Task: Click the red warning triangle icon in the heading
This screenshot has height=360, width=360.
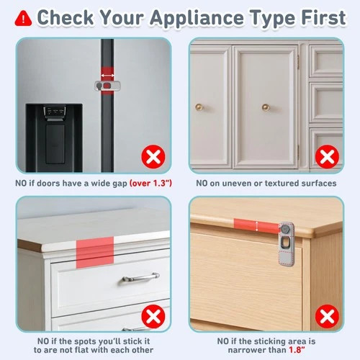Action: [23, 18]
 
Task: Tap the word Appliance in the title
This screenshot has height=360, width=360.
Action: [197, 19]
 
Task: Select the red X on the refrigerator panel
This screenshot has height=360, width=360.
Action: [153, 157]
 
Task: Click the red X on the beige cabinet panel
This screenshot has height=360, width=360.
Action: [327, 156]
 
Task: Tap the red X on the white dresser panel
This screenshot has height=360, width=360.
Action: [153, 316]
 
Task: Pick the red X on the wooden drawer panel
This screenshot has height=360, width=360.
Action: [327, 316]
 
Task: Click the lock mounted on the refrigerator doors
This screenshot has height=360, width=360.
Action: [107, 86]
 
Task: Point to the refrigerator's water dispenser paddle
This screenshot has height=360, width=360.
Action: [55, 144]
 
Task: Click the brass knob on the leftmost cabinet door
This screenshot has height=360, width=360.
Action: [199, 107]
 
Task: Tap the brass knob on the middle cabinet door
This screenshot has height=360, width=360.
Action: [266, 107]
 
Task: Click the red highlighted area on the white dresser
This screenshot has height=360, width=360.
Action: [95, 253]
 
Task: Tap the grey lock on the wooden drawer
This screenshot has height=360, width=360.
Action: [287, 244]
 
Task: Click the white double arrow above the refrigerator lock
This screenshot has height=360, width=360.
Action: [107, 76]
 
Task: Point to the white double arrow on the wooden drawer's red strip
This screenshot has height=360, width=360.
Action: [257, 226]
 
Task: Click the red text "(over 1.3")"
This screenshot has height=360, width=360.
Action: [150, 184]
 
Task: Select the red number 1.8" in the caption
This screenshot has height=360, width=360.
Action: [297, 350]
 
